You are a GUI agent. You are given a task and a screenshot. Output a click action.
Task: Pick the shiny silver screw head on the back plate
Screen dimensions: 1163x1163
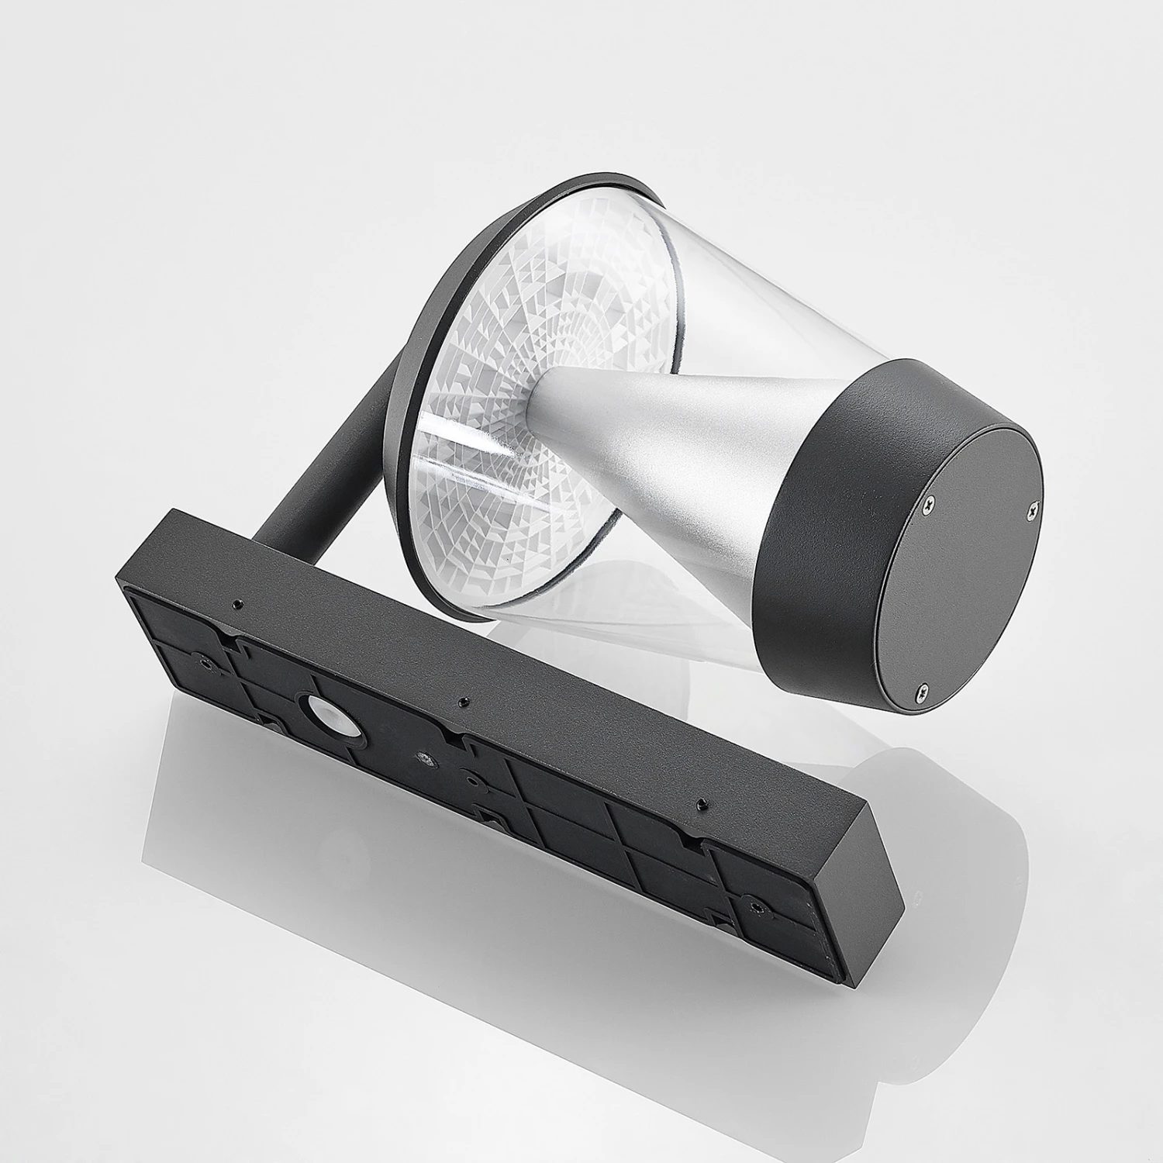point(423,757)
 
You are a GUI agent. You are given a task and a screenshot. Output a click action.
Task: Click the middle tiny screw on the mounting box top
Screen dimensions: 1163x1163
point(462,702)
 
